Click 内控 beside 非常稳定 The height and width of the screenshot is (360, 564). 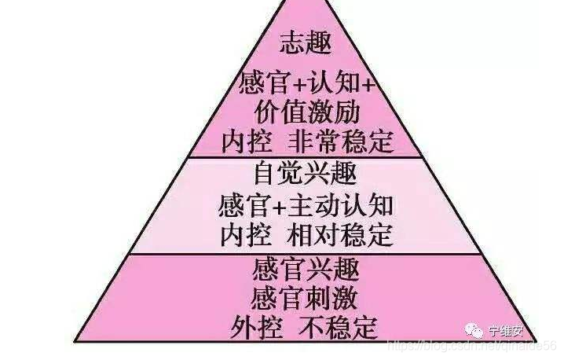244,141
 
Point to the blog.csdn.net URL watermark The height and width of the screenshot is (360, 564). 472,346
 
